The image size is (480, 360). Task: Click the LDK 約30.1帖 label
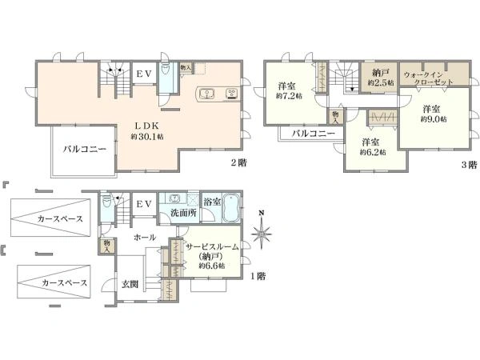point(147,130)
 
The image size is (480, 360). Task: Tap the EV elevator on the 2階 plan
point(144,73)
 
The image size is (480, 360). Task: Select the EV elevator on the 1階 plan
point(144,204)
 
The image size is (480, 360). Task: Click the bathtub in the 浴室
point(231,208)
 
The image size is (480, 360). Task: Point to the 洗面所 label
point(183,213)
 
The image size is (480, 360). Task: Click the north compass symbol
point(261,231)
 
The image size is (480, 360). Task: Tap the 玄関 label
point(130,284)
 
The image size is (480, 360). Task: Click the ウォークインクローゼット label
point(428,78)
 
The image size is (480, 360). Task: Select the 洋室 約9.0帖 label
point(433,114)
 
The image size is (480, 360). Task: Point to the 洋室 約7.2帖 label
point(288,91)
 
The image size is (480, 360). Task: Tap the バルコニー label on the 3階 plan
point(313,134)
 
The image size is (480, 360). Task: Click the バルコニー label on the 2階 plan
point(85,149)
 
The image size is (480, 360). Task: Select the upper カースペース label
point(60,219)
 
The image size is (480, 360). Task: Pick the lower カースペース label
point(65,282)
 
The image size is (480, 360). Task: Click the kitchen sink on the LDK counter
point(207,94)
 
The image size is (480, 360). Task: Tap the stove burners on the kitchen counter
point(231,94)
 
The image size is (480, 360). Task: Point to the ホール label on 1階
point(145,238)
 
